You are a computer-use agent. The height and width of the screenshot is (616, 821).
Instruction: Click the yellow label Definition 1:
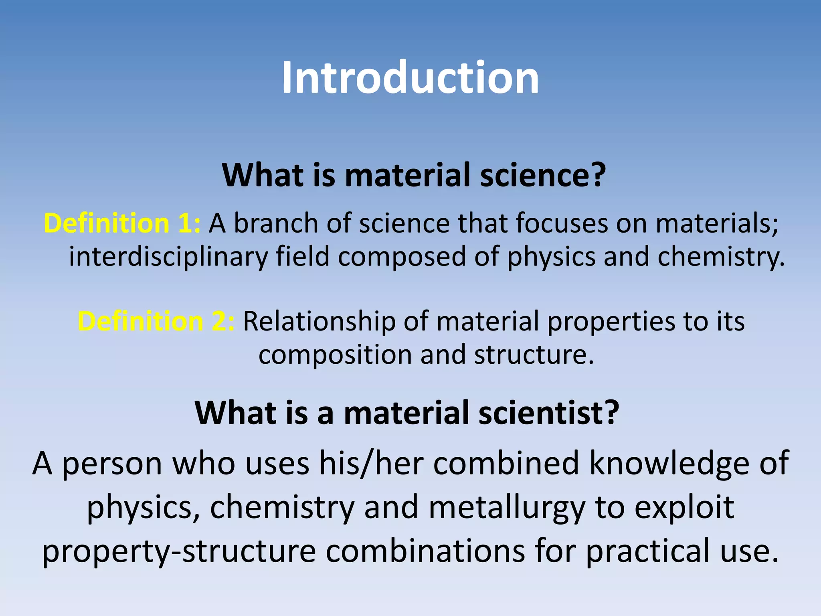[x=122, y=223]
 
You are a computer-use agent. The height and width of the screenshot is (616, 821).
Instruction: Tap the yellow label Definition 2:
[x=156, y=321]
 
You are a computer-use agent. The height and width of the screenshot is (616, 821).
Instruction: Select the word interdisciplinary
[x=168, y=257]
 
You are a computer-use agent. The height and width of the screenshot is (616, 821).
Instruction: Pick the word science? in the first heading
[x=543, y=175]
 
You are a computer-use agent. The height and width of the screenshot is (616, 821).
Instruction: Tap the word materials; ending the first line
[x=717, y=223]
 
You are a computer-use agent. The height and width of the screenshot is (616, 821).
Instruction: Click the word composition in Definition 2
[x=335, y=355]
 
